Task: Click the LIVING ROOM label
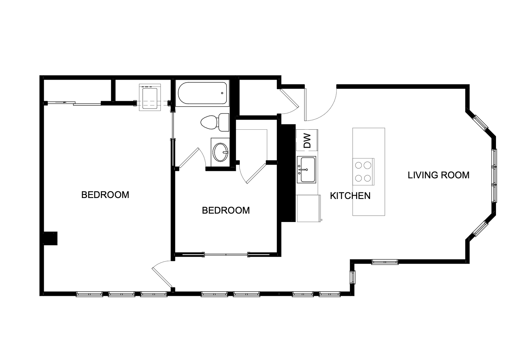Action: pyautogui.click(x=438, y=175)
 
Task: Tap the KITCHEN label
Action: pyautogui.click(x=350, y=196)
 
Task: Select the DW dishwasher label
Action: pyautogui.click(x=307, y=140)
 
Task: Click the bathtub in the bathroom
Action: pyautogui.click(x=202, y=93)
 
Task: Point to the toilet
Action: pyautogui.click(x=215, y=122)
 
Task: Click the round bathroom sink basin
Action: pyautogui.click(x=221, y=152)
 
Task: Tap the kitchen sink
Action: pyautogui.click(x=306, y=170)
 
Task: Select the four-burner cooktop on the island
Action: pyautogui.click(x=363, y=172)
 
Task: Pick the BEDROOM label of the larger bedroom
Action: pyautogui.click(x=105, y=195)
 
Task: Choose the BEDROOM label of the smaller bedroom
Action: pyautogui.click(x=226, y=210)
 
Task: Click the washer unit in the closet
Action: pyautogui.click(x=150, y=97)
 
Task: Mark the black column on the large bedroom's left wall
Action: pyautogui.click(x=51, y=238)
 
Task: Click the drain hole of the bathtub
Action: pyautogui.click(x=222, y=93)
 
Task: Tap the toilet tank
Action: pyautogui.click(x=224, y=122)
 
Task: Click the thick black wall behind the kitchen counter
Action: pyautogui.click(x=288, y=173)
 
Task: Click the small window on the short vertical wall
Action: pyautogui.click(x=352, y=277)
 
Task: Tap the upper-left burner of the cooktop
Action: pyautogui.click(x=358, y=165)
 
